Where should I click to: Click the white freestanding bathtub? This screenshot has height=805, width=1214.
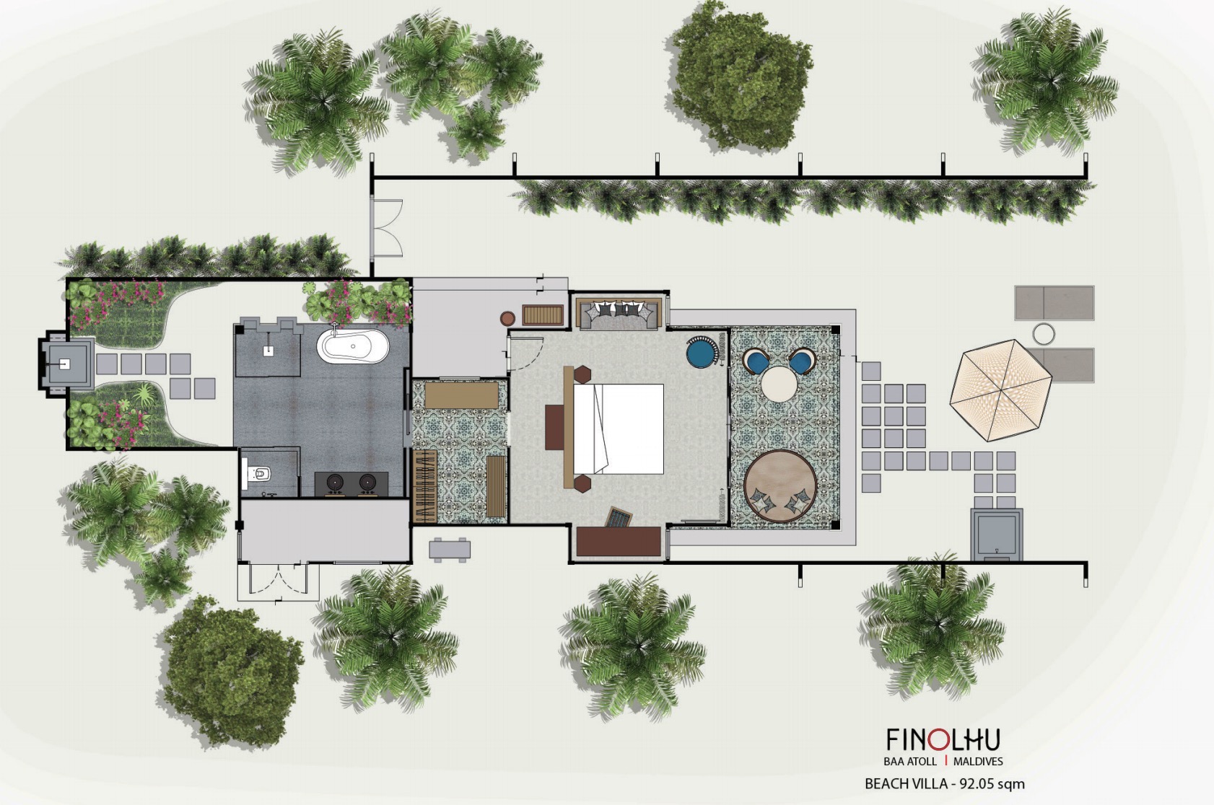click(353, 346)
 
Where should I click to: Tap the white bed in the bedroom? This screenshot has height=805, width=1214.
click(619, 429)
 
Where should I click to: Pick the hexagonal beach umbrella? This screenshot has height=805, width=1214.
click(1000, 390)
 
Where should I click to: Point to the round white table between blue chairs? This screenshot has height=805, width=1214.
click(779, 384)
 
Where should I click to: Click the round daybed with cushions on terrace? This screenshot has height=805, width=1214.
click(780, 486)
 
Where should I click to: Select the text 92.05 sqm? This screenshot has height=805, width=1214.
click(992, 784)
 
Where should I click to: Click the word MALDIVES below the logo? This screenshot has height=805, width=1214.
click(978, 762)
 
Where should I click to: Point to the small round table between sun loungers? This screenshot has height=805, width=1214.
click(1043, 334)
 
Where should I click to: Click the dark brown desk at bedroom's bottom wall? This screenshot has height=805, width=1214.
click(619, 541)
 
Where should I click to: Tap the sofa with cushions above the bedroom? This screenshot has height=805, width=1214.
click(619, 314)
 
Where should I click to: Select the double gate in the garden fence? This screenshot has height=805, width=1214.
click(386, 227)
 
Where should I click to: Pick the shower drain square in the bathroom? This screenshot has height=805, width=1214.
click(268, 351)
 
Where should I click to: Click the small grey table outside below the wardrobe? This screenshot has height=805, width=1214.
click(450, 550)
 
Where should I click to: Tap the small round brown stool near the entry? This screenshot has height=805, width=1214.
click(507, 319)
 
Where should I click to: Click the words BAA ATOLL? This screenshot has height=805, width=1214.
click(910, 762)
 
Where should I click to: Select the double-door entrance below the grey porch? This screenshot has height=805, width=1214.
click(278, 582)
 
